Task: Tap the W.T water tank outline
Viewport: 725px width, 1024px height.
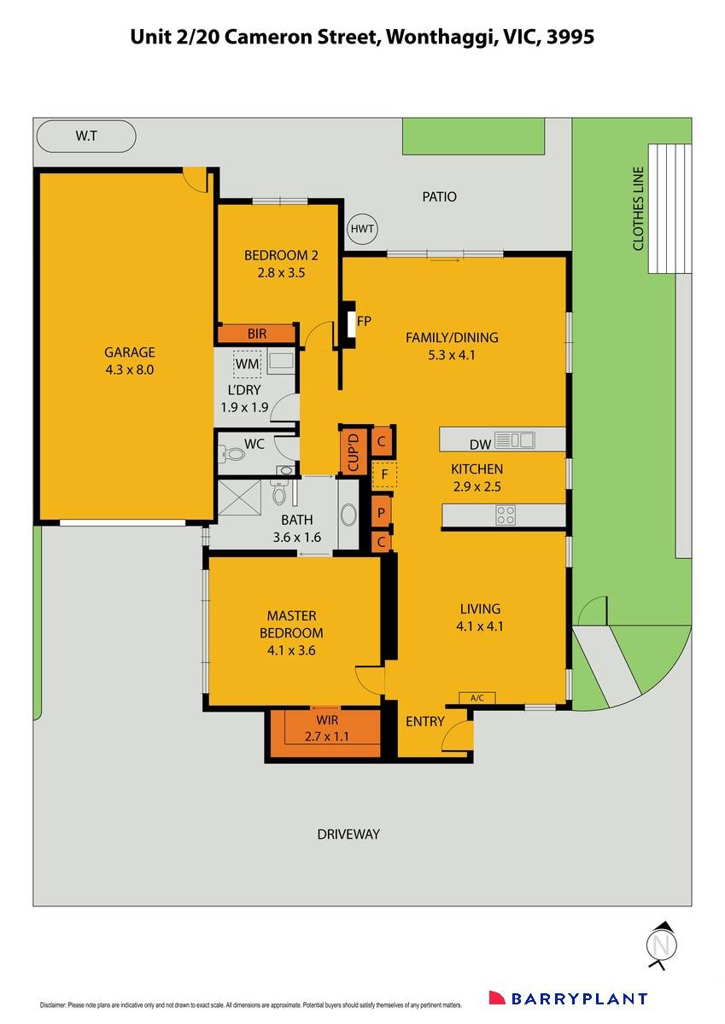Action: pyautogui.click(x=85, y=136)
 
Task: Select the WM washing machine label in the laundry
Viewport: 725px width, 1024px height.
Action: pyautogui.click(x=247, y=365)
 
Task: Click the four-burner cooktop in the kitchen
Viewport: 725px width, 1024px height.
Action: pyautogui.click(x=506, y=515)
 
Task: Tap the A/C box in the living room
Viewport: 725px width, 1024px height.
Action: pyautogui.click(x=477, y=698)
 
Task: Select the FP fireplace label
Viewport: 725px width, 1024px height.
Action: pyautogui.click(x=364, y=322)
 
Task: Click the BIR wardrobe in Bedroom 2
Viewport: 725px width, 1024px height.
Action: pyautogui.click(x=257, y=334)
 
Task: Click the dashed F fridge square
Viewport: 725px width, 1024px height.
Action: pyautogui.click(x=384, y=474)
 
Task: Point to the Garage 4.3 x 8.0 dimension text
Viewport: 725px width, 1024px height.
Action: pyautogui.click(x=129, y=369)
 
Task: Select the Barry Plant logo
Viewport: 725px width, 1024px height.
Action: pyautogui.click(x=567, y=998)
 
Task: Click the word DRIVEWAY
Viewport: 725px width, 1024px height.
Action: pyautogui.click(x=348, y=834)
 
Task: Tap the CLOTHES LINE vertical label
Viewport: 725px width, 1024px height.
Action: pyautogui.click(x=638, y=208)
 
